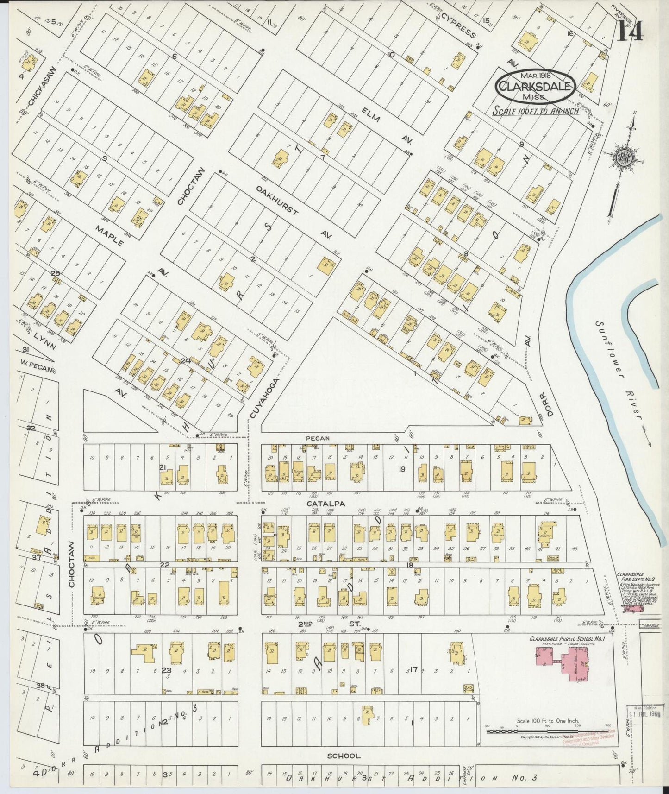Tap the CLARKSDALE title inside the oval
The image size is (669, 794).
535,86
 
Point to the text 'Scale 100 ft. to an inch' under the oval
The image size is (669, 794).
536,112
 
